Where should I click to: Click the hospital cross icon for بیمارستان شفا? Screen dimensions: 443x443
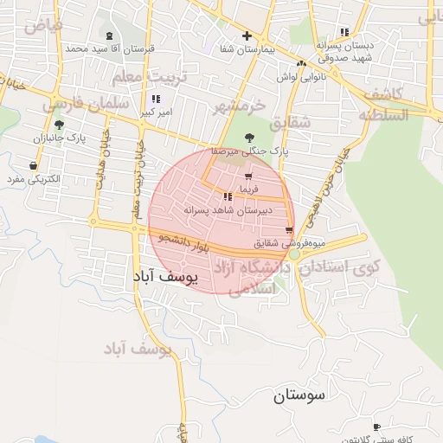pos(247,35)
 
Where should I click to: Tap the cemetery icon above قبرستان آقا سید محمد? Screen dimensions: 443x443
pos(109,35)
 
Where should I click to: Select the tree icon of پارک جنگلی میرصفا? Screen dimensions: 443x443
pos(250,137)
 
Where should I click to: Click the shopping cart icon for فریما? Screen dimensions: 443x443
pos(248,177)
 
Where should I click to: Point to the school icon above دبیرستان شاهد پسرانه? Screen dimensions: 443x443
pos(228,197)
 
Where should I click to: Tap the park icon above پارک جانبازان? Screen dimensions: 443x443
pos(59,125)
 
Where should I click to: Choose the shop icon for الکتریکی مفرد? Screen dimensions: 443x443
pos(33,166)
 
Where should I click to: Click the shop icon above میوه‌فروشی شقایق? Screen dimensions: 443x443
pos(289,229)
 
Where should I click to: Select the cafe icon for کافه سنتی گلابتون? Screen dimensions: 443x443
pos(376,427)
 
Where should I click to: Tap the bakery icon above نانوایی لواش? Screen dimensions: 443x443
pos(301,63)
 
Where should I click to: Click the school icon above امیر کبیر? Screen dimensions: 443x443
pos(155,100)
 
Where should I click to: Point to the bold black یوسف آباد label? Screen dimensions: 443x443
pos(164,276)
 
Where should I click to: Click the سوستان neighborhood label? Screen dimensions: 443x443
pos(300,396)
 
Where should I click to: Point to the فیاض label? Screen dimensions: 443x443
pos(44,25)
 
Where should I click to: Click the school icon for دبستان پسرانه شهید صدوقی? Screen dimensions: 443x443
pos(345,31)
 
